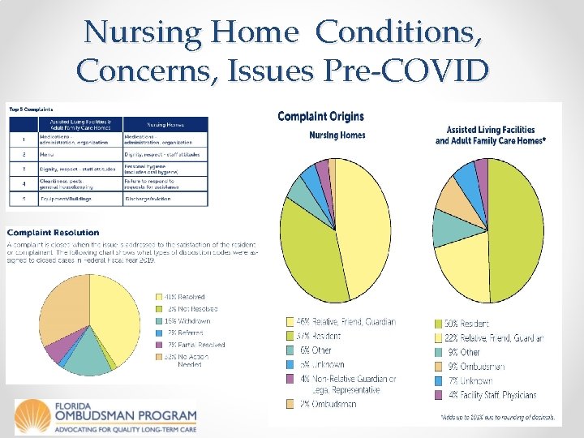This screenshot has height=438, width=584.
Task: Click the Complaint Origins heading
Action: (320, 117)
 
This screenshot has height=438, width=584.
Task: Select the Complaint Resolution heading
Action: (54, 233)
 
